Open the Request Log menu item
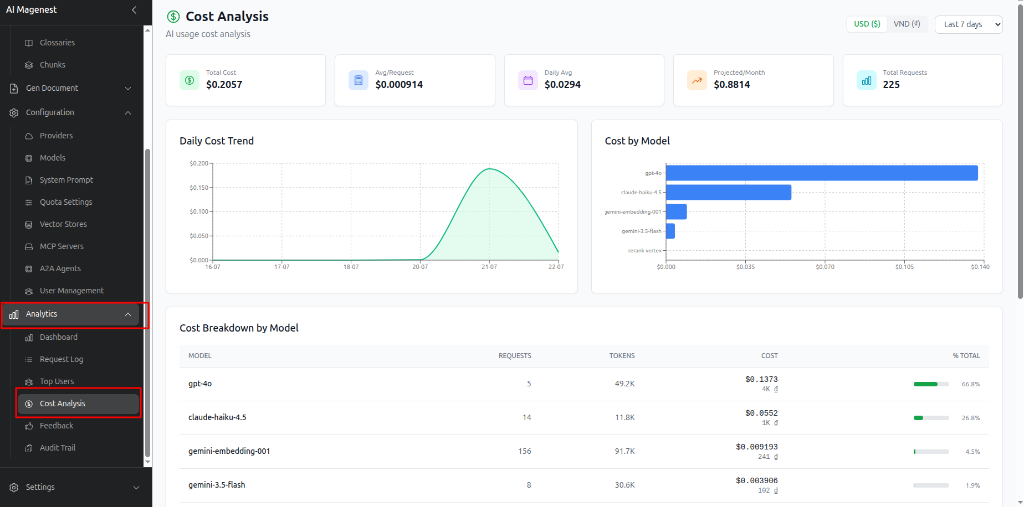(62, 359)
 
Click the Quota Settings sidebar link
(66, 202)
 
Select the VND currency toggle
(907, 24)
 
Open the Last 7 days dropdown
(969, 24)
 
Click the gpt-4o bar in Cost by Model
(822, 173)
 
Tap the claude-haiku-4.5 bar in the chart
(729, 192)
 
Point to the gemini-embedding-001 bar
(677, 211)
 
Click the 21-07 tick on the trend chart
(489, 267)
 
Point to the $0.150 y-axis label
(199, 188)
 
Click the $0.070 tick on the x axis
(825, 267)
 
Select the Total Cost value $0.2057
(224, 85)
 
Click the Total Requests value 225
(892, 85)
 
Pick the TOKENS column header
(622, 356)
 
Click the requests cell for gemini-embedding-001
(525, 451)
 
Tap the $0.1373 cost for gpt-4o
(761, 379)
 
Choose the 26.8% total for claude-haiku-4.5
(971, 418)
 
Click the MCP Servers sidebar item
(62, 246)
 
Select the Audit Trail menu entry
(58, 448)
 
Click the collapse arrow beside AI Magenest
(134, 10)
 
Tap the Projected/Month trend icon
(697, 80)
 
